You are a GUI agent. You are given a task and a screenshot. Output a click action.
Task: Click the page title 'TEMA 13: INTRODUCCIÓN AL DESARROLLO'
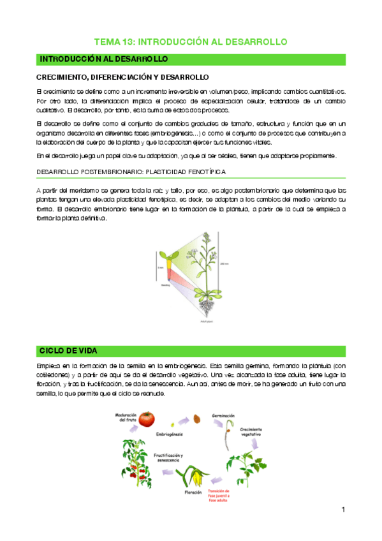click(191, 41)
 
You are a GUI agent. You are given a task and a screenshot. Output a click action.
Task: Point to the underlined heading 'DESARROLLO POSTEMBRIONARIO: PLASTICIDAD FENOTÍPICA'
click(130, 172)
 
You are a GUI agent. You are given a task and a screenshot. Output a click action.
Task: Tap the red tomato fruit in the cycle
click(148, 419)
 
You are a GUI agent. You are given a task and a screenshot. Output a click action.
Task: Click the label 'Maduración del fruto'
click(126, 417)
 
